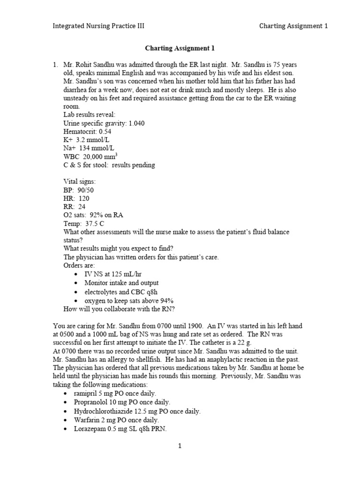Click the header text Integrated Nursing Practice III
98,26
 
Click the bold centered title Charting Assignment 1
180,48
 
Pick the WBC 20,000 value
98,157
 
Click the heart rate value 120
84,198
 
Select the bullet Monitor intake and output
121,283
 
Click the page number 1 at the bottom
180,446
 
